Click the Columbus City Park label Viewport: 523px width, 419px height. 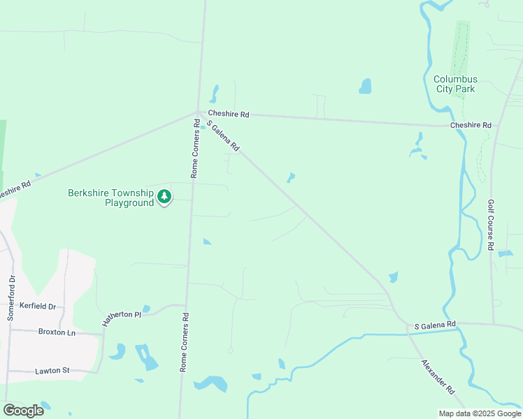tap(455, 84)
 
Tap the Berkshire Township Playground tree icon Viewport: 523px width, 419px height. tap(164, 197)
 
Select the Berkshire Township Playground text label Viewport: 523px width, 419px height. tap(110, 198)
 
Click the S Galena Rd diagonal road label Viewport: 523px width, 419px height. tap(223, 135)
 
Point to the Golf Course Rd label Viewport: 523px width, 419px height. tap(491, 226)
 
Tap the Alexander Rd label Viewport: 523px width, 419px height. tap(438, 377)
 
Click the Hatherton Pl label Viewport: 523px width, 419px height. tap(122, 315)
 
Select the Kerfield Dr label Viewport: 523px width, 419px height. tap(38, 307)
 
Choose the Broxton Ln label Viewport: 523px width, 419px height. tap(57, 332)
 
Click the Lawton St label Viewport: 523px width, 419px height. tap(53, 371)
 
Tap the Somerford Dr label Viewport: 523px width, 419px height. tap(11, 298)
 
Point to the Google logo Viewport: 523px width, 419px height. tap(23, 410)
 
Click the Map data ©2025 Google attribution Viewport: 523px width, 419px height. tap(480, 413)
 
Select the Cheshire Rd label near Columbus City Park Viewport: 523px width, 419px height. tap(471, 125)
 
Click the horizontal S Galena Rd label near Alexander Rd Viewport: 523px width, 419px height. tap(435, 325)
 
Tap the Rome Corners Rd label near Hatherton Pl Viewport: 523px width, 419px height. tap(185, 341)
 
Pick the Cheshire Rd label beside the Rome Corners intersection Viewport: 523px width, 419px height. tap(228, 114)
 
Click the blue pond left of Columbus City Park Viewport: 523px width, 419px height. tap(365, 86)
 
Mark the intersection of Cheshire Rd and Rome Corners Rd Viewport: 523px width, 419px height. tap(199, 112)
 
